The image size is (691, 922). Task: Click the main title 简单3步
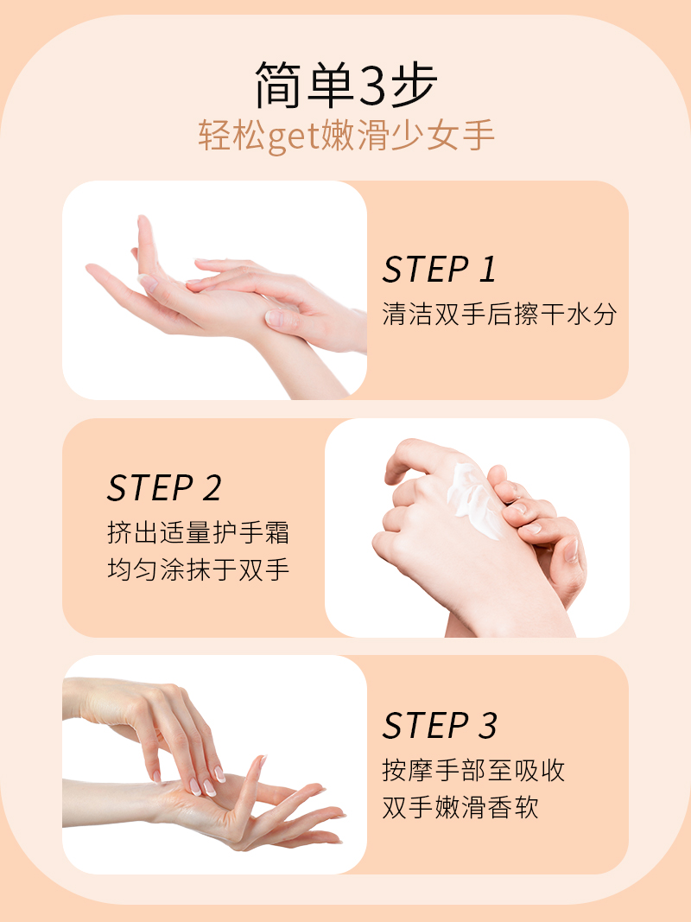[346, 85]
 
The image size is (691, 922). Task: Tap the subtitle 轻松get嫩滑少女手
[346, 137]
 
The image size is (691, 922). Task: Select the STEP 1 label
[440, 270]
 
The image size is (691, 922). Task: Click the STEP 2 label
[164, 488]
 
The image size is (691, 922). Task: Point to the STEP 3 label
[440, 725]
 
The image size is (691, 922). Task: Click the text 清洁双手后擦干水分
[499, 314]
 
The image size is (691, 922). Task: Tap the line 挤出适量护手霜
[199, 533]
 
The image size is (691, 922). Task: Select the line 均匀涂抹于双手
[199, 569]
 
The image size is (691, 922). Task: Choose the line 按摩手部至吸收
[473, 770]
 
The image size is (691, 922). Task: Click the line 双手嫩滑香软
[460, 807]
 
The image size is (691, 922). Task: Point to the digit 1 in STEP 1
[487, 270]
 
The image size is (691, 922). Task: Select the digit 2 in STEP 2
[212, 488]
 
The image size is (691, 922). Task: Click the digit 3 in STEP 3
[487, 725]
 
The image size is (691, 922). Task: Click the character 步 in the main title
[414, 85]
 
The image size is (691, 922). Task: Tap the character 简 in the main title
[278, 85]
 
